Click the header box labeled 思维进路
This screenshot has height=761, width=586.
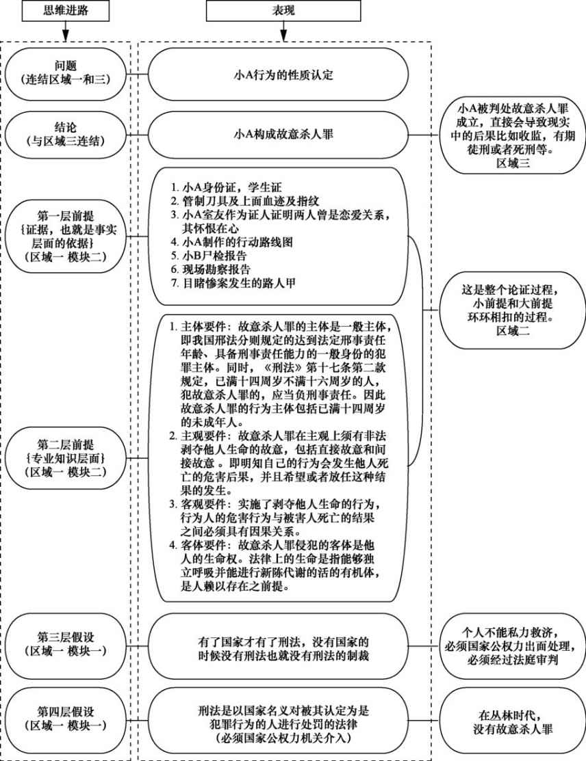[x=65, y=11]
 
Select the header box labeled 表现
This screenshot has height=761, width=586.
[x=283, y=11]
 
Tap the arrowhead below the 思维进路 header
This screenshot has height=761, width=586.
[x=65, y=36]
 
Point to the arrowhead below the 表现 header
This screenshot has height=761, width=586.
[x=283, y=36]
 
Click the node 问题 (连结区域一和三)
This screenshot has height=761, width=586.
[x=65, y=72]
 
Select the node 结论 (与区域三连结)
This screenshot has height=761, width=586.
[x=65, y=135]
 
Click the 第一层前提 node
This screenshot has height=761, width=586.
[x=65, y=237]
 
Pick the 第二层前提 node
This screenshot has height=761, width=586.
[x=65, y=457]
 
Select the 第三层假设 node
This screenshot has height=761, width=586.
[x=65, y=644]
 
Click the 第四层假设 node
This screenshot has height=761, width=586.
[x=65, y=719]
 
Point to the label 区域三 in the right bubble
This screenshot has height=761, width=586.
[x=513, y=163]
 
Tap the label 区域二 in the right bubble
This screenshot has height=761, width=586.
[x=513, y=331]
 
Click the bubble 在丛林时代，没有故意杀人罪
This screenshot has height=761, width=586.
[x=513, y=722]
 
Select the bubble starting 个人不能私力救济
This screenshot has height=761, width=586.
[x=513, y=646]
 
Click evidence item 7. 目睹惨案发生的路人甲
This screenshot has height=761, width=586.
[x=233, y=282]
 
